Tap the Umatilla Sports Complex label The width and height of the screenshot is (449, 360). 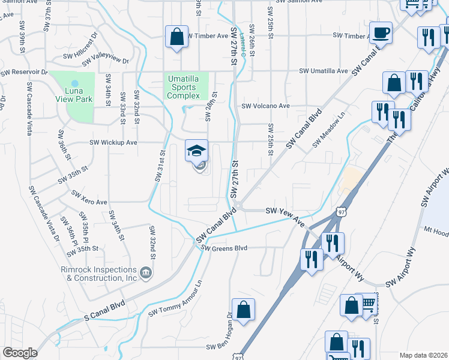pyautogui.click(x=187, y=87)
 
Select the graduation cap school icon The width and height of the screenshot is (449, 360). pyautogui.click(x=197, y=151)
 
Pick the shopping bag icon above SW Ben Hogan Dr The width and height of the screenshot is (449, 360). pyautogui.click(x=243, y=310)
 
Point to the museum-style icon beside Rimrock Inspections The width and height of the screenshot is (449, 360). pyautogui.click(x=146, y=274)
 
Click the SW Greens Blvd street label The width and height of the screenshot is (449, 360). pyautogui.click(x=224, y=248)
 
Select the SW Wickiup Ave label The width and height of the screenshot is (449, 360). pyautogui.click(x=113, y=143)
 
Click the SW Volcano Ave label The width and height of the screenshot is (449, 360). pyautogui.click(x=265, y=106)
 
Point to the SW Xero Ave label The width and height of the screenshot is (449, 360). pyautogui.click(x=89, y=197)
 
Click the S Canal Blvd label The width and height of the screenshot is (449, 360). pyautogui.click(x=106, y=310)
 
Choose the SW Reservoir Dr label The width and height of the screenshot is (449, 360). pyautogui.click(x=24, y=72)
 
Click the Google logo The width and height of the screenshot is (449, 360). pyautogui.click(x=19, y=353)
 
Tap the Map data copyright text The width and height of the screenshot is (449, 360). pyautogui.click(x=423, y=355)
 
